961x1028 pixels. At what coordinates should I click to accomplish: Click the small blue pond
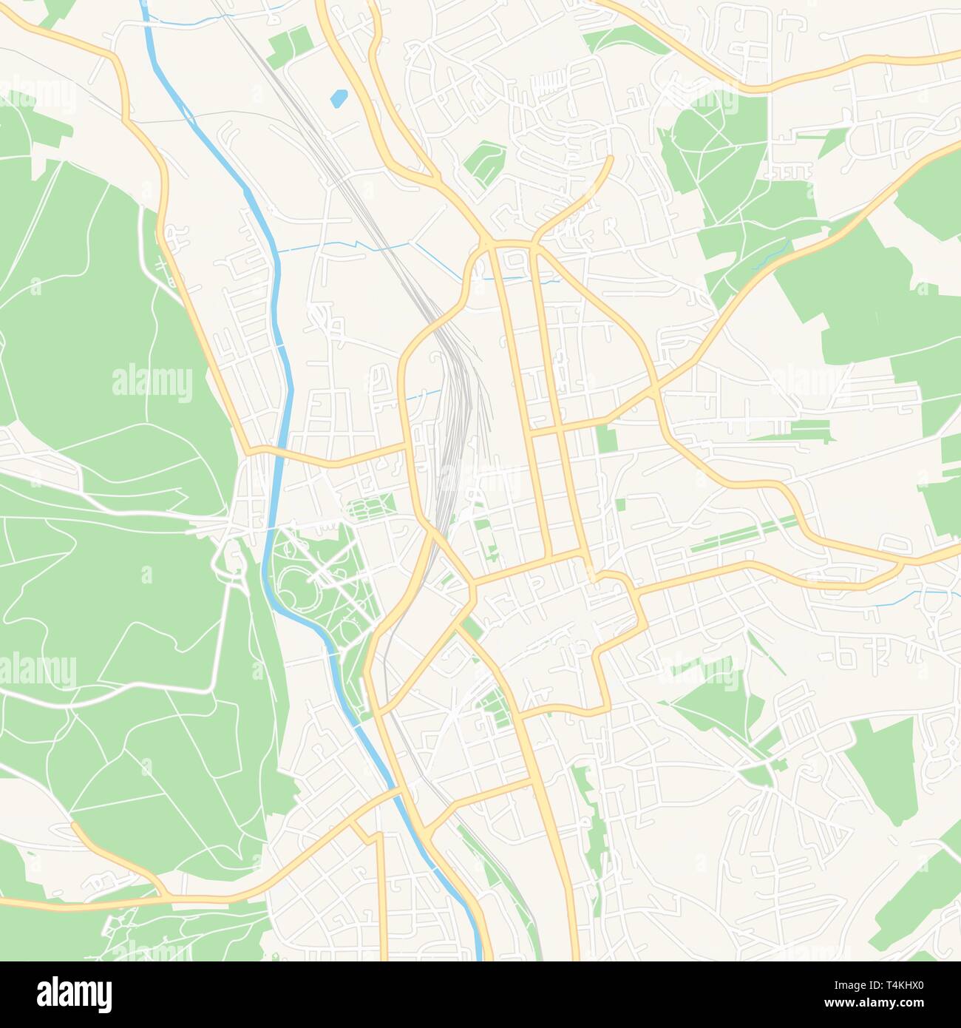tap(339, 98)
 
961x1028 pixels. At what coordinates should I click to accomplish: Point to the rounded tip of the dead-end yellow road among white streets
tap(609, 158)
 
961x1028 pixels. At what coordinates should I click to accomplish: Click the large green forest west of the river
tap(111, 592)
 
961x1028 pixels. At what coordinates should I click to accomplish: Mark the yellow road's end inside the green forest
tap(74, 824)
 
